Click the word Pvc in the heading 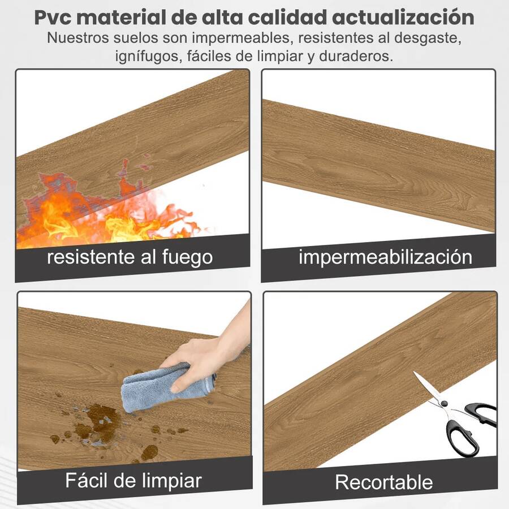(x=53, y=18)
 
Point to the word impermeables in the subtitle (x=240, y=38)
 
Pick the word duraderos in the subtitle (x=356, y=56)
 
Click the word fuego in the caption (x=187, y=258)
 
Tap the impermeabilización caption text (x=385, y=257)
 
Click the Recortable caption (x=383, y=482)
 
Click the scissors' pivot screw (x=445, y=403)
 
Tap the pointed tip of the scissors (x=414, y=372)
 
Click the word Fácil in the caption (x=86, y=480)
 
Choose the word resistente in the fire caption (x=91, y=257)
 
